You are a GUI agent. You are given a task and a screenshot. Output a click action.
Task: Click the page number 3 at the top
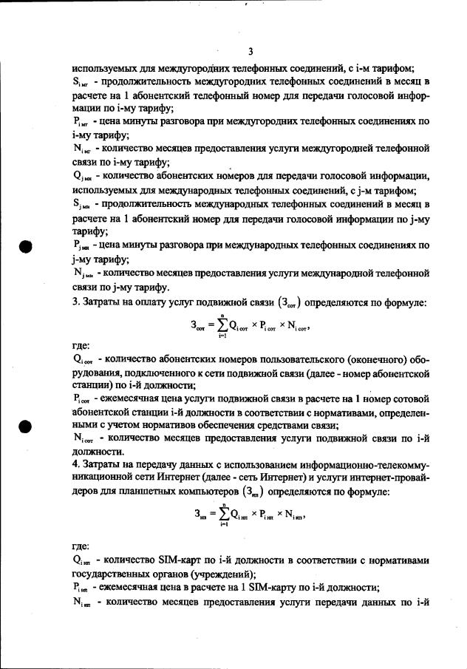[x=250, y=51]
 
